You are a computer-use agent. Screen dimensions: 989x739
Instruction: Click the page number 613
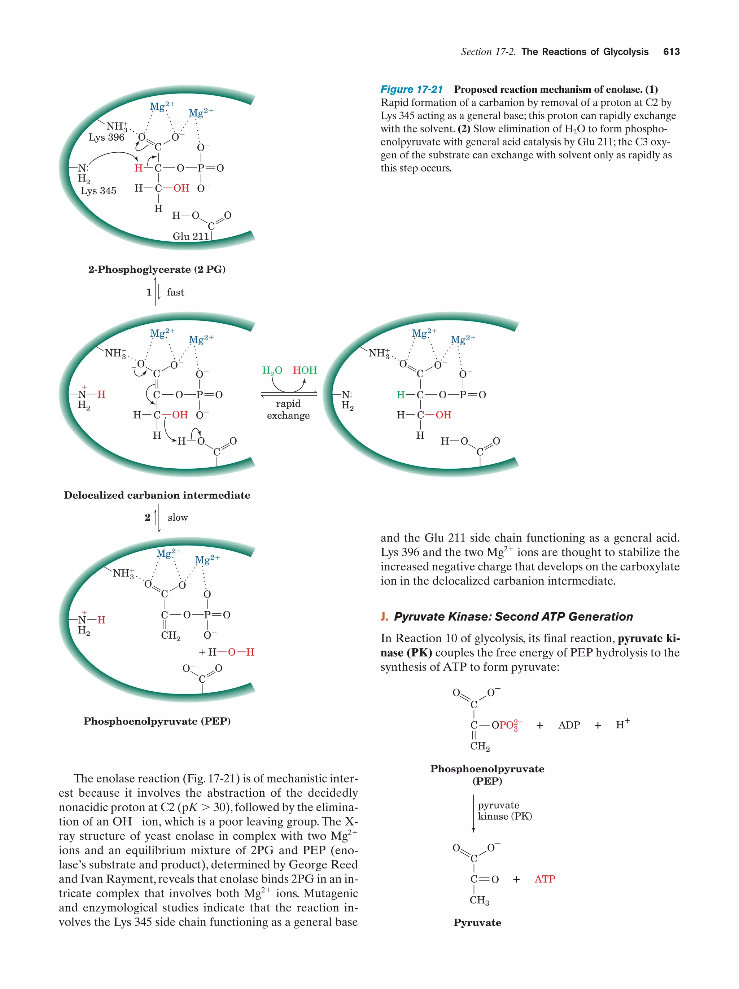coord(671,52)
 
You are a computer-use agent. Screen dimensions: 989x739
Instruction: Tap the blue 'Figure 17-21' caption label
coord(411,89)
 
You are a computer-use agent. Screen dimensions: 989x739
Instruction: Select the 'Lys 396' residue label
coord(106,137)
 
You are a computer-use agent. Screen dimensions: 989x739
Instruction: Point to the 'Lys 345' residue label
coord(99,191)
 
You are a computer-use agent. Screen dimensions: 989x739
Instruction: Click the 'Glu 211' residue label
coord(191,236)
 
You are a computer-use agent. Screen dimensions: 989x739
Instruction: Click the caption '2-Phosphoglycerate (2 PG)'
coord(157,269)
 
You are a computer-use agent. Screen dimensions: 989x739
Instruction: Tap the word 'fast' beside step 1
coord(175,292)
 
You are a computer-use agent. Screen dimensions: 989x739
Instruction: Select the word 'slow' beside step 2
coord(178,517)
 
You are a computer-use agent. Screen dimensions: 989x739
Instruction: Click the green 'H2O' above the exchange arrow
coord(272,370)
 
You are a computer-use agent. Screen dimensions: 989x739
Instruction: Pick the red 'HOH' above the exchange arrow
coord(305,370)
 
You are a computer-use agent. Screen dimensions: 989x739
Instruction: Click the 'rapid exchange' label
coord(288,410)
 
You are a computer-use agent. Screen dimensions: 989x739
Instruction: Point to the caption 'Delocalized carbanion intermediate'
coord(157,495)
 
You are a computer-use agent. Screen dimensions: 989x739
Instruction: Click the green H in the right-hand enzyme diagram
coord(401,395)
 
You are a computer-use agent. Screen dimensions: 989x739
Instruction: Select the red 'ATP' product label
coord(545,879)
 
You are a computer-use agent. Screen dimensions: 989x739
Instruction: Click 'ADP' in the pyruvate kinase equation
coord(569,725)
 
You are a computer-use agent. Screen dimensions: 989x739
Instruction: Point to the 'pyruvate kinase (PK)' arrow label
coord(505,811)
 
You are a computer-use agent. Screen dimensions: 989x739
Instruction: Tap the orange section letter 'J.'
coord(384,617)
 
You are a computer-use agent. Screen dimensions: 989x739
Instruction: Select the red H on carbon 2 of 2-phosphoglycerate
coord(139,168)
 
